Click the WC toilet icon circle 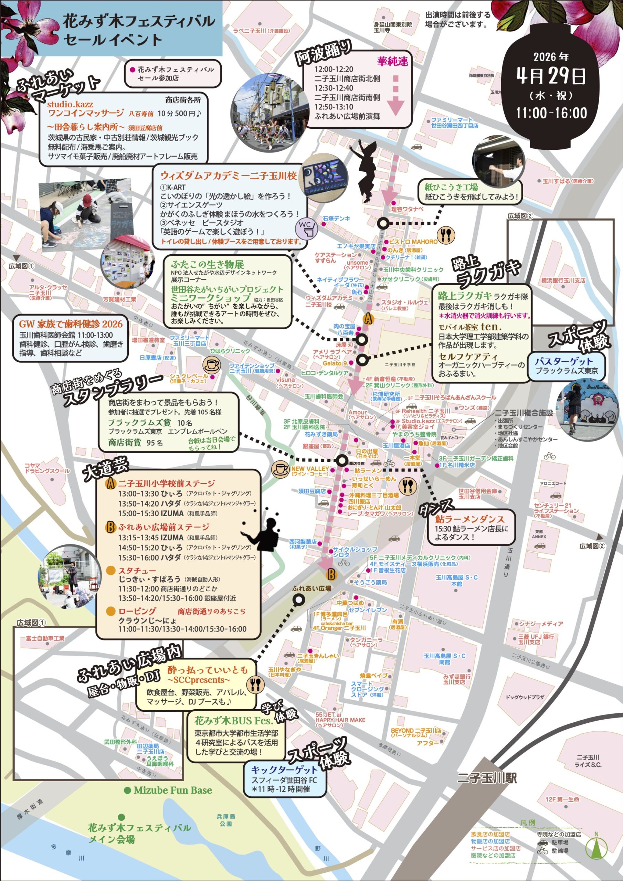pos(306,228)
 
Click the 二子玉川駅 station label pos(487,778)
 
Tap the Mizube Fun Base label pos(169,790)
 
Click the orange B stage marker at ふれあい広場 pos(331,574)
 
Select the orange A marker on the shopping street pos(368,319)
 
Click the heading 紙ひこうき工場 pos(451,187)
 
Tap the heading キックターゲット pos(284,770)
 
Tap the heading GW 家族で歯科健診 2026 pos(71,324)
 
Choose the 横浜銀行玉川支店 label pos(563,280)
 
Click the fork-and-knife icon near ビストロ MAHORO pos(446,234)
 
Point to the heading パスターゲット pos(563,361)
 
